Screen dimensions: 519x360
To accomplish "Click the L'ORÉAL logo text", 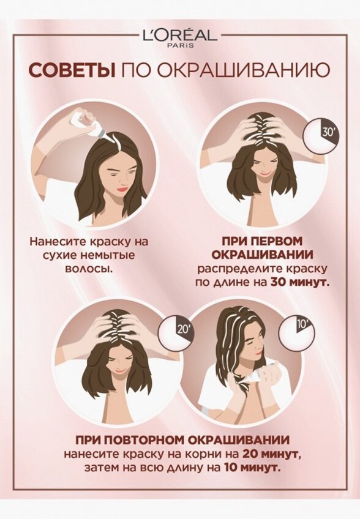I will (x=179, y=35).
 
